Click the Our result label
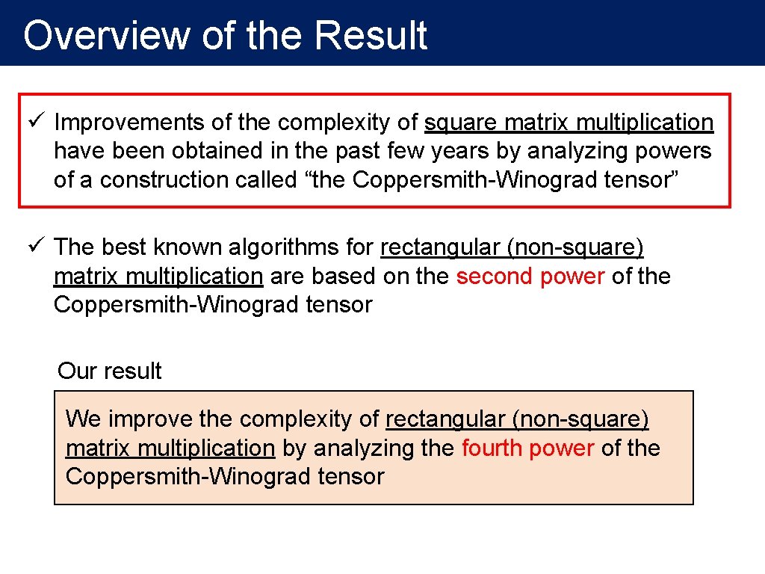110,371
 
